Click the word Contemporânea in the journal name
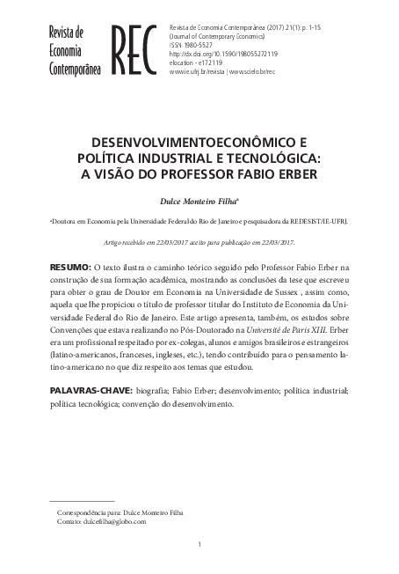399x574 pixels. [x=75, y=67]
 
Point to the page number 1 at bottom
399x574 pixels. [x=199, y=546]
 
